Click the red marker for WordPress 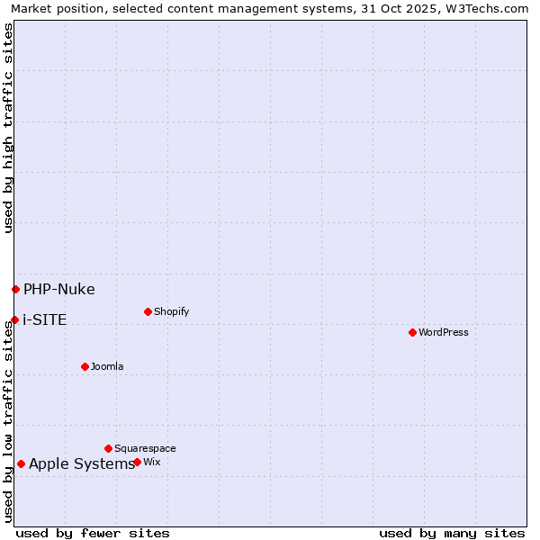(412, 332)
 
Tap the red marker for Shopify (148, 311)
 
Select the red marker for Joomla (85, 366)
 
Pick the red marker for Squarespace (108, 448)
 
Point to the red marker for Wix (137, 462)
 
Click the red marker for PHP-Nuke (15, 289)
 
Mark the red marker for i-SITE (14, 319)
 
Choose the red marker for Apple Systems (21, 464)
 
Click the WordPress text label (444, 332)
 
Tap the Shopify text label (171, 311)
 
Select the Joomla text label (107, 366)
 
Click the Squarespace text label (145, 448)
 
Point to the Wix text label (151, 462)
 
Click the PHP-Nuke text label (58, 289)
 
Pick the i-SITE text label (44, 319)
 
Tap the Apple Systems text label (81, 464)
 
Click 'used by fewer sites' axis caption (93, 533)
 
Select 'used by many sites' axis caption (452, 533)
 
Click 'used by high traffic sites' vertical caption (8, 128)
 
